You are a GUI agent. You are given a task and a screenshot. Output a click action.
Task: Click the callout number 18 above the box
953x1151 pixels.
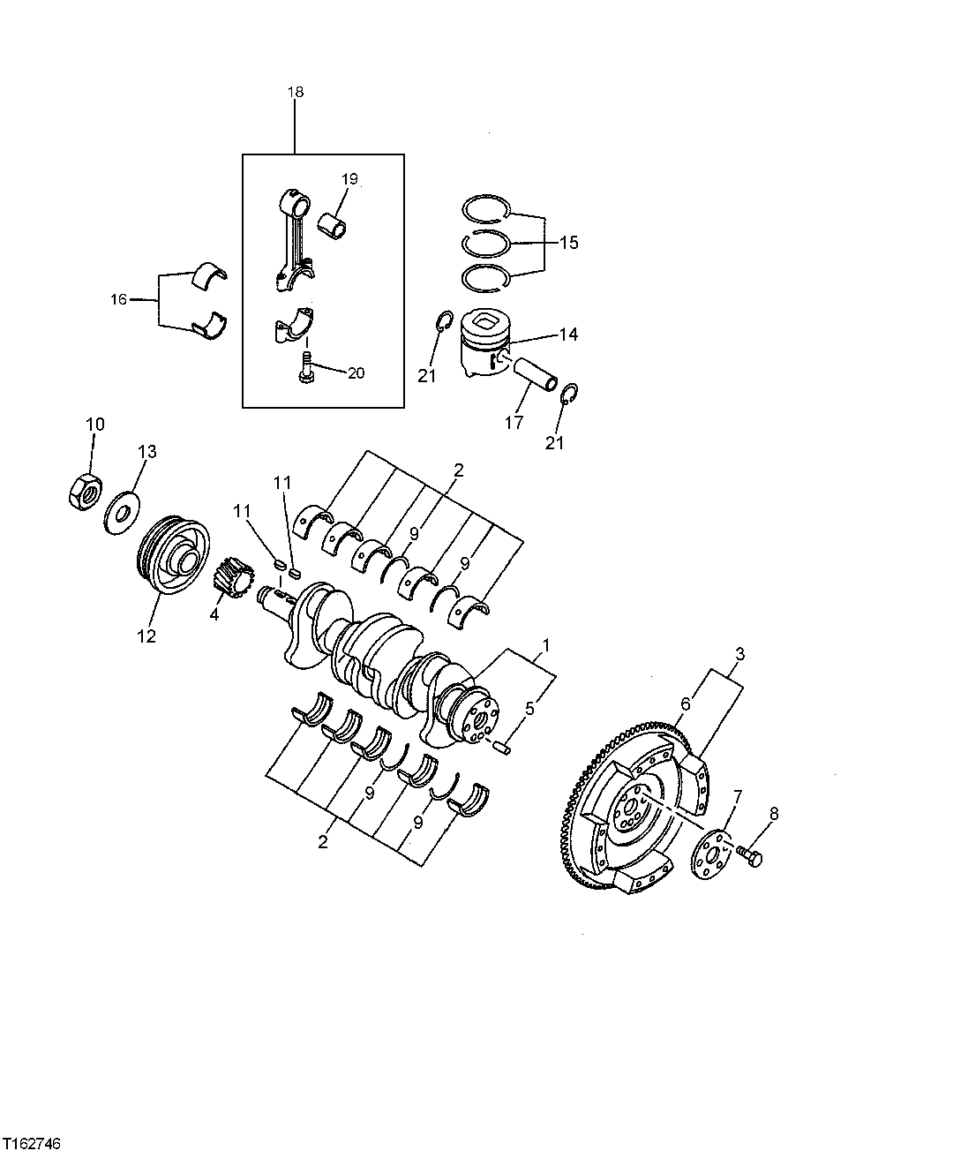295,92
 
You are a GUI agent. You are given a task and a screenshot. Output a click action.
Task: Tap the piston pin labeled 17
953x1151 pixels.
535,372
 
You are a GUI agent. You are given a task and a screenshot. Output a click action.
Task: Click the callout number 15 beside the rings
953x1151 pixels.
568,242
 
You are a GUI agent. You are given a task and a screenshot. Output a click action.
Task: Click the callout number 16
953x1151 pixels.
118,300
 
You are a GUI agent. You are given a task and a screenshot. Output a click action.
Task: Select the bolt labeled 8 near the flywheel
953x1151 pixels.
753,855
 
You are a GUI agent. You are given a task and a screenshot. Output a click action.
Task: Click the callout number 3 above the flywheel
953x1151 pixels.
739,654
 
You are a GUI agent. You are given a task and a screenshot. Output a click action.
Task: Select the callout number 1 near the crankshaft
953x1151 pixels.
546,645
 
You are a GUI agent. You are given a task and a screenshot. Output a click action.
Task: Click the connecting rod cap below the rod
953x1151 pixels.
294,324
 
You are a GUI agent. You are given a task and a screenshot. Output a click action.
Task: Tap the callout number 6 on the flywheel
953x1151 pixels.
685,703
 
